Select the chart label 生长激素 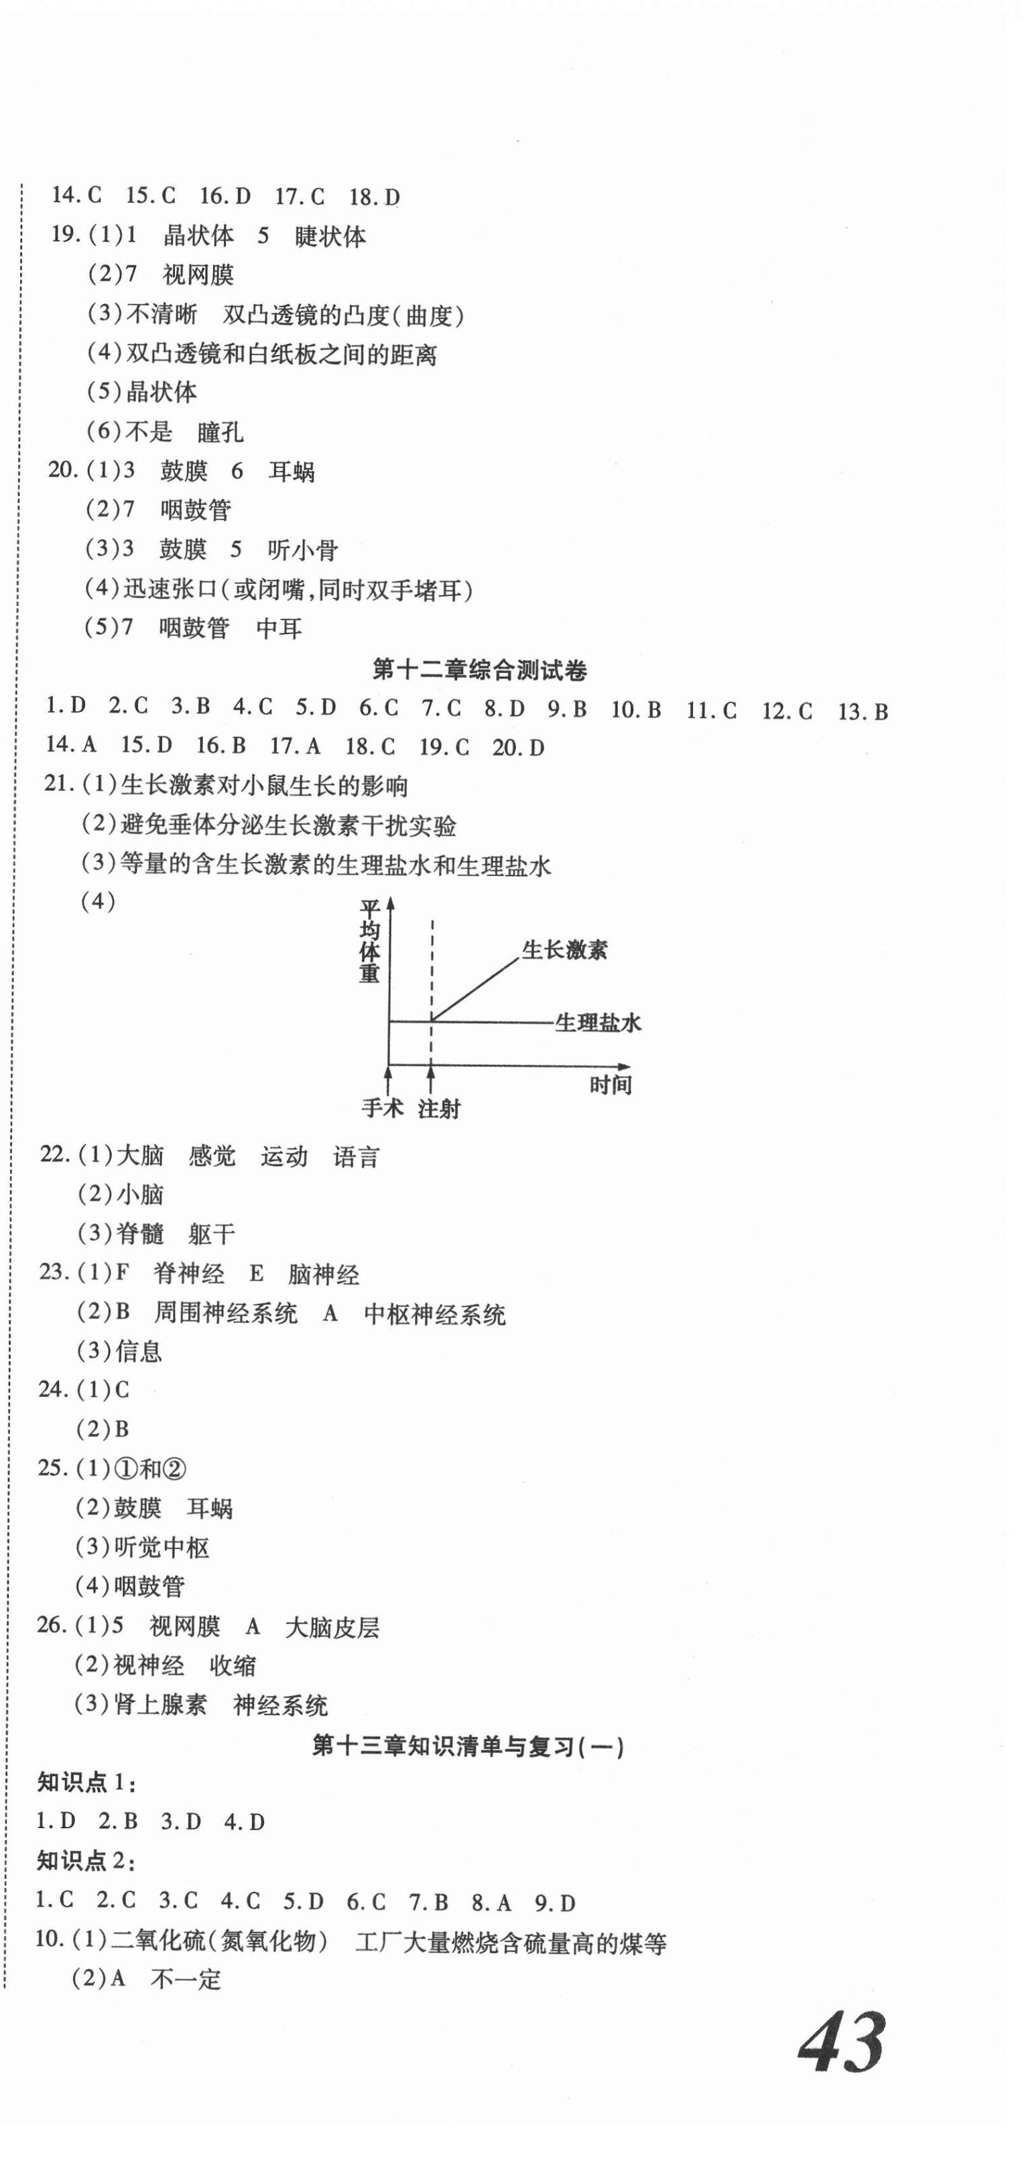point(564,949)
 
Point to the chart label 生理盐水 point(598,1022)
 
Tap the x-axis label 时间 point(610,1085)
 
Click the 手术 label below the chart point(382,1108)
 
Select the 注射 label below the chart point(439,1108)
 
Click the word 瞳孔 point(220,432)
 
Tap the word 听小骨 point(302,550)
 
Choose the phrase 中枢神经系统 point(434,1315)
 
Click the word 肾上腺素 point(160,1705)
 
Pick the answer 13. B point(862,711)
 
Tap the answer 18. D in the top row point(373,198)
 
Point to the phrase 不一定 point(185,1980)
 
